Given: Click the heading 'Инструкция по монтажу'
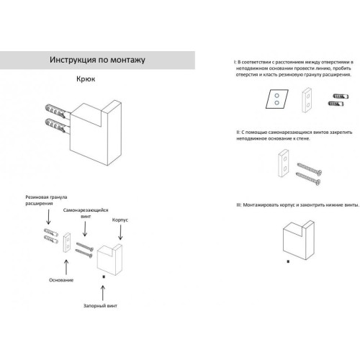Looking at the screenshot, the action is (x=97, y=60).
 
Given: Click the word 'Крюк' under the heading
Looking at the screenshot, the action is (x=86, y=79).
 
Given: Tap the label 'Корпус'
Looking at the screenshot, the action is (x=120, y=220).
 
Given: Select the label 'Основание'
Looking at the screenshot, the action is (x=61, y=280).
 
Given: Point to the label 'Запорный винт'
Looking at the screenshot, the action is (x=100, y=306).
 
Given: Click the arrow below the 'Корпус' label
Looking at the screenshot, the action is (x=120, y=233).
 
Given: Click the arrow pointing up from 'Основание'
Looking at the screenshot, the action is (x=66, y=267).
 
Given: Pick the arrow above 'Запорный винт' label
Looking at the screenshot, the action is (x=103, y=293).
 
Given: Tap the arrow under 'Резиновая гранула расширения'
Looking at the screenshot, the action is (x=48, y=217).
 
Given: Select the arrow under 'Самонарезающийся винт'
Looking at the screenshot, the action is (x=85, y=229).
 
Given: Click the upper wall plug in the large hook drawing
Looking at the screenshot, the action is (x=55, y=111).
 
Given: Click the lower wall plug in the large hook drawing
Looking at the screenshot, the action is (x=55, y=125).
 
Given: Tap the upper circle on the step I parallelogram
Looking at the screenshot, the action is (x=276, y=96).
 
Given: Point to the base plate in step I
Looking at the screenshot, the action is (x=307, y=100).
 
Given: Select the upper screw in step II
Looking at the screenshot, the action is (x=310, y=169).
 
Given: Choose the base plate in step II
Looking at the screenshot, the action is (x=284, y=163).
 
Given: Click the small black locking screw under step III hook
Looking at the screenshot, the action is (x=288, y=261).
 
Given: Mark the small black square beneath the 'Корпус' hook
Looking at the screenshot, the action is (x=104, y=276).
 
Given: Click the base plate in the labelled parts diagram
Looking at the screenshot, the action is (x=67, y=243).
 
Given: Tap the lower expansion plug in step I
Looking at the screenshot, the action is (x=336, y=104).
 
